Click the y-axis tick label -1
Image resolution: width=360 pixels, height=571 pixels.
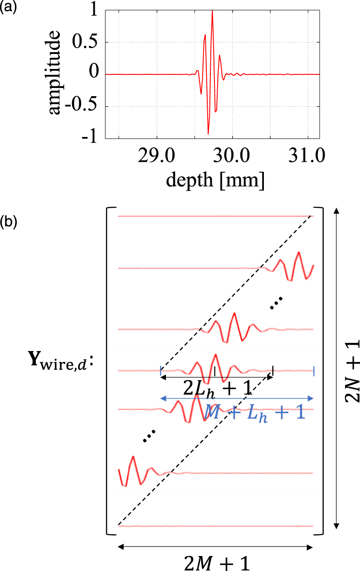[x=90, y=138]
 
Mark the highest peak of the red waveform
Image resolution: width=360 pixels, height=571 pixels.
[x=212, y=11]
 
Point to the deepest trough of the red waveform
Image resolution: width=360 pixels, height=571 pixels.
[x=208, y=133]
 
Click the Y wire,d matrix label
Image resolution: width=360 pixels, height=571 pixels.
[x=63, y=365]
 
